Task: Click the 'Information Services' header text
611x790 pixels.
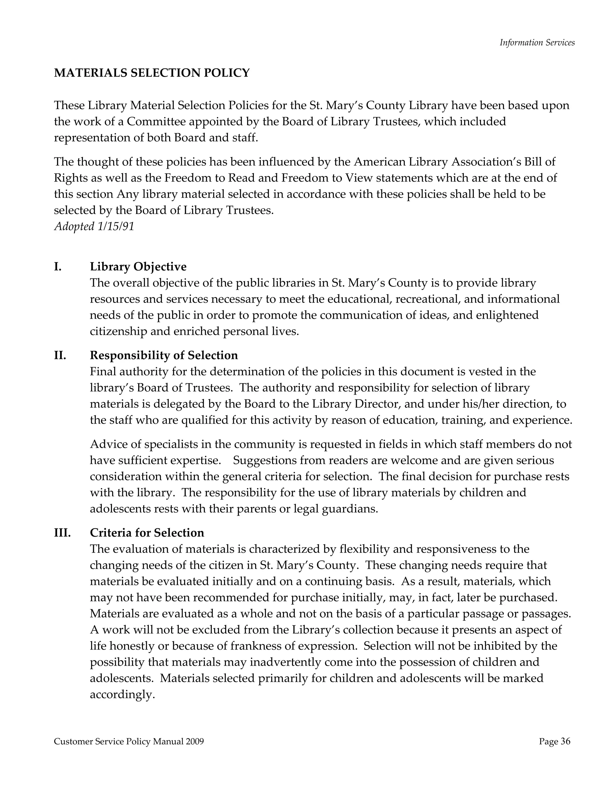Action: click(x=537, y=43)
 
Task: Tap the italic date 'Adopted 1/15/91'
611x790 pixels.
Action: click(x=94, y=227)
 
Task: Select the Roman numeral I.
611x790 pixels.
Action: click(x=58, y=267)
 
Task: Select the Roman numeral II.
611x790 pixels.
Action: click(x=60, y=355)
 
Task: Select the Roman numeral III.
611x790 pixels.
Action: click(x=62, y=532)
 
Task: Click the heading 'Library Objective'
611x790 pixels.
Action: click(x=138, y=267)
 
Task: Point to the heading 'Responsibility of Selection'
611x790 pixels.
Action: click(x=163, y=355)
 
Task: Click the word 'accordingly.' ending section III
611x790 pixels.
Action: click(x=122, y=695)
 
